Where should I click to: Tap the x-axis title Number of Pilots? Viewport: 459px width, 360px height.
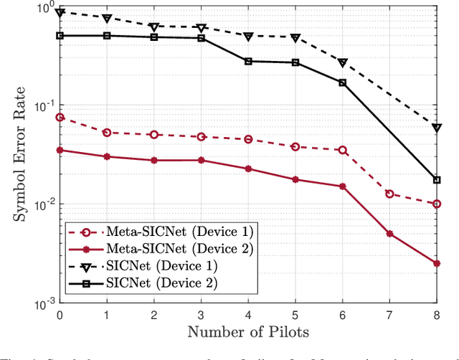click(x=247, y=331)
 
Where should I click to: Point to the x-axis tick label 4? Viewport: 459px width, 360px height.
click(x=248, y=314)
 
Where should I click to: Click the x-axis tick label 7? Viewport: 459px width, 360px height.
click(x=389, y=314)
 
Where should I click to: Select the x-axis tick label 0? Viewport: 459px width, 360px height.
click(x=60, y=314)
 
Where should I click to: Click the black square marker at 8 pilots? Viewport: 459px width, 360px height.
click(x=437, y=179)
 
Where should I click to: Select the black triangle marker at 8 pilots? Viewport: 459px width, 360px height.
click(x=437, y=128)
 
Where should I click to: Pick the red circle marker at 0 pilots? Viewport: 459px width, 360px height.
click(x=60, y=117)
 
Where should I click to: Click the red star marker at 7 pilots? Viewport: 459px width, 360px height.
click(x=389, y=234)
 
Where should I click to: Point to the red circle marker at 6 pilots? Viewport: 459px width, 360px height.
click(x=342, y=150)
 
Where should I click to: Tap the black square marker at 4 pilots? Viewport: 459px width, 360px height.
click(x=248, y=61)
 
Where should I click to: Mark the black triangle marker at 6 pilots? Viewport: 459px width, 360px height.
click(x=342, y=63)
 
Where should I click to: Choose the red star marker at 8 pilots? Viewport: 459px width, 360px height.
click(x=437, y=263)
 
